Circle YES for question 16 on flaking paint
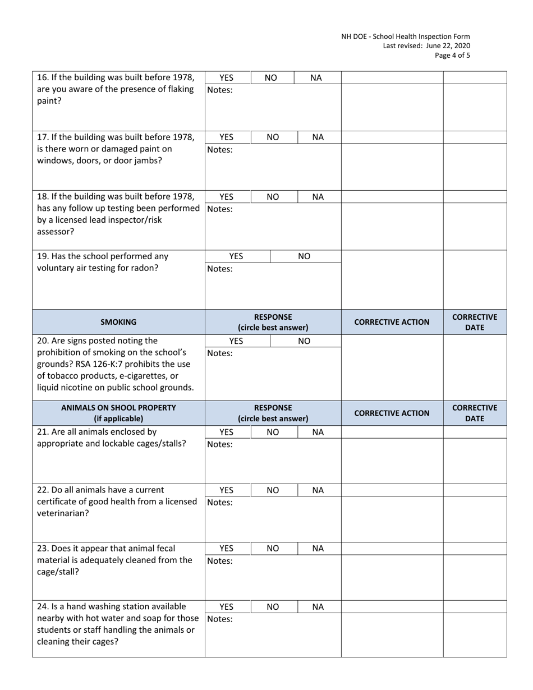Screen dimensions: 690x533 (226, 78)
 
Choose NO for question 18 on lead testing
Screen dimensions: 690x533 (272, 197)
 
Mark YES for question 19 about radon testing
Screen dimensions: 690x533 (237, 256)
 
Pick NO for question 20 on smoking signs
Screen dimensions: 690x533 (304, 341)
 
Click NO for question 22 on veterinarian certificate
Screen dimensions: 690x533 (272, 490)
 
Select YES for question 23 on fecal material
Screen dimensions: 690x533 (226, 549)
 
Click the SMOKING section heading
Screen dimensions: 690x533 (118, 322)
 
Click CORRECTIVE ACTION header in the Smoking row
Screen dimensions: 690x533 (392, 322)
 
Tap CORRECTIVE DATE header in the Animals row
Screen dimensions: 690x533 (475, 413)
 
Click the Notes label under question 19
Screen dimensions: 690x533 (220, 269)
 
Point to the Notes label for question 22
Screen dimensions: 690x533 (220, 503)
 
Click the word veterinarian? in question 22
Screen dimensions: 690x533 (63, 513)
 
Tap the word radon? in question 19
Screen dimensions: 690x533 (145, 268)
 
